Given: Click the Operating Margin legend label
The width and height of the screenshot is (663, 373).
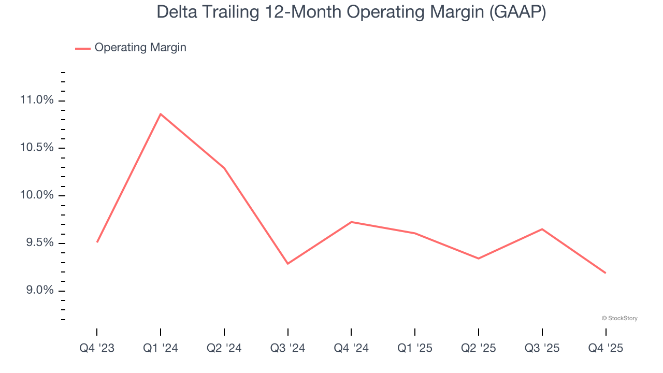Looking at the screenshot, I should pos(140,48).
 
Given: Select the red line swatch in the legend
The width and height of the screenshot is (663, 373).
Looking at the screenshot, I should pos(83,48).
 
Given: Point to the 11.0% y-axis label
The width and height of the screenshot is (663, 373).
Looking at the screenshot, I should pos(37,100).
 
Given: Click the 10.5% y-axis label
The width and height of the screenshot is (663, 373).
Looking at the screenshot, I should pos(37,148).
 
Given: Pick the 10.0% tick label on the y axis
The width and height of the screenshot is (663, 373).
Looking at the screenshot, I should pos(37,195).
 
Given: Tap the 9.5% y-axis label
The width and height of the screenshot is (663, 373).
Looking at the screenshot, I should pos(39,243).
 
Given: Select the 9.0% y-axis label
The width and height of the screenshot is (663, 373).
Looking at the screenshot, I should pos(39,291).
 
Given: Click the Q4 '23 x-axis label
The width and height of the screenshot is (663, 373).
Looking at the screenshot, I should pos(97,349).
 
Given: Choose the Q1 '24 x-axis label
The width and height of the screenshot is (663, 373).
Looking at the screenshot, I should pos(161,349).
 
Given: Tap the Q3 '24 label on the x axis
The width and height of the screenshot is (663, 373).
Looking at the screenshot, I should pos(287,349).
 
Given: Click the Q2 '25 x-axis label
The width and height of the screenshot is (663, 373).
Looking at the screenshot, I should pos(478,349).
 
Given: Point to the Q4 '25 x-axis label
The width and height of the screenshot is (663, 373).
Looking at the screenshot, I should pos(606,349).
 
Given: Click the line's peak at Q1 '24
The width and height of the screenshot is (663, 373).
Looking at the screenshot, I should pos(161,114).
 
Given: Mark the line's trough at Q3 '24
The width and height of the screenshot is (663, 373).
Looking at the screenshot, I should pos(287,264).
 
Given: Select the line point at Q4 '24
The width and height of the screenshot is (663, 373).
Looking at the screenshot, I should pos(351,222).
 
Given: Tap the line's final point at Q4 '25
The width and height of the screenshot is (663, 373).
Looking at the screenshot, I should pos(606,273).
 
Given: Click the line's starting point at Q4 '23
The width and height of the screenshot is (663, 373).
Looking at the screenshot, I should pos(97,242).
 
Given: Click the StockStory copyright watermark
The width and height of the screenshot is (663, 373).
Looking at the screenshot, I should pos(619,318).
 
